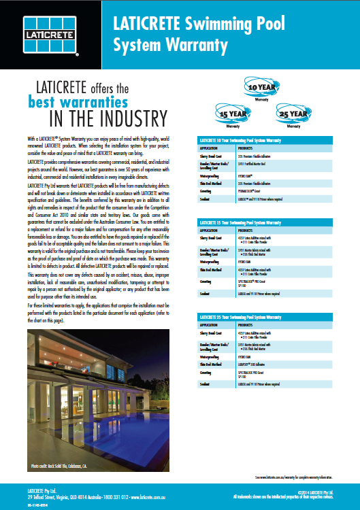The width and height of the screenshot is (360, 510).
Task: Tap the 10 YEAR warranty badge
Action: coord(262,88)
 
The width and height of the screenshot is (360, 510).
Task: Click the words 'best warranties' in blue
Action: coord(78,103)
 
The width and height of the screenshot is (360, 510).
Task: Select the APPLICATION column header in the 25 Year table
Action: coord(208,324)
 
